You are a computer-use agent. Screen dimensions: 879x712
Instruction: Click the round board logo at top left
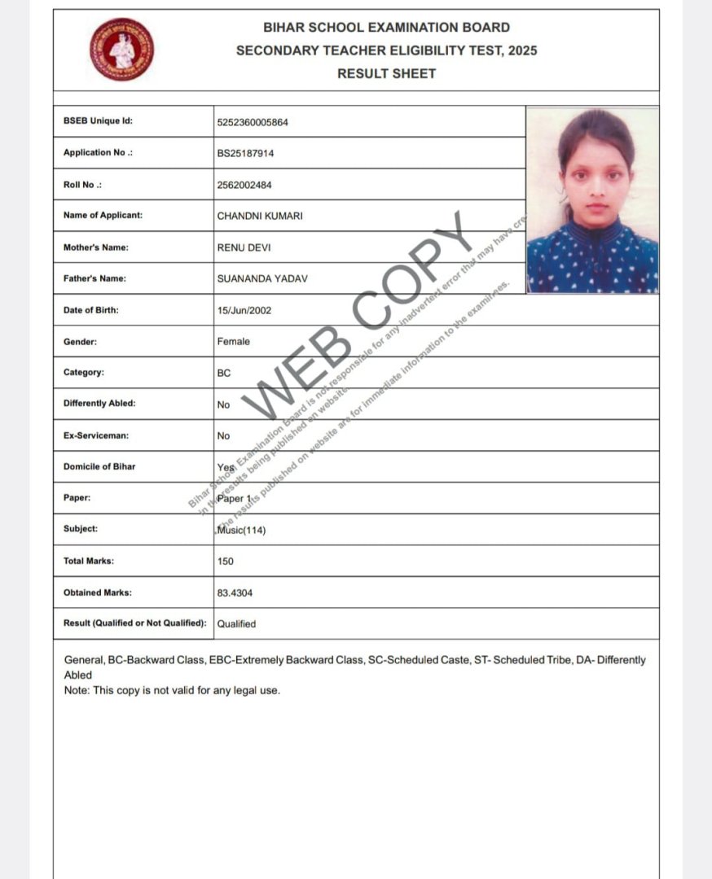122,50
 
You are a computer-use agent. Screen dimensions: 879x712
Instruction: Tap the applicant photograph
592,200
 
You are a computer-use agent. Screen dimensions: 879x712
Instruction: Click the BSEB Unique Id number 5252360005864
253,122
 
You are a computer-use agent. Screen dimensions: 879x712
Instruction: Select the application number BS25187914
245,153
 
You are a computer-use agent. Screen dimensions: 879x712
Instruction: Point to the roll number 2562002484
244,185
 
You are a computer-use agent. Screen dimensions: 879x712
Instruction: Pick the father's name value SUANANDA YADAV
262,279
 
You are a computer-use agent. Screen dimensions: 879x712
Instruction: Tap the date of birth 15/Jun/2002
244,310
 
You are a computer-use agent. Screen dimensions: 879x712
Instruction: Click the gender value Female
234,342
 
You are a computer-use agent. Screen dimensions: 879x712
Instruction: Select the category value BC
224,373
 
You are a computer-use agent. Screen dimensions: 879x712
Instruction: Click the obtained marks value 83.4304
235,593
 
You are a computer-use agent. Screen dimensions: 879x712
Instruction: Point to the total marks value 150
226,562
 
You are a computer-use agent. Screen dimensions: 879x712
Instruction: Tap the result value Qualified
236,624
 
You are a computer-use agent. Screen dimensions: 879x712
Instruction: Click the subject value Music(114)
241,531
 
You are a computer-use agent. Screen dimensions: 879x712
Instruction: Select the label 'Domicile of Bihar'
99,466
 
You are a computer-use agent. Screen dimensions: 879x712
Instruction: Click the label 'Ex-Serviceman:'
96,435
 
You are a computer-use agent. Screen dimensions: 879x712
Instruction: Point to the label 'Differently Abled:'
99,404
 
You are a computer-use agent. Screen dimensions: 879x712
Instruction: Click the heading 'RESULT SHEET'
387,73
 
